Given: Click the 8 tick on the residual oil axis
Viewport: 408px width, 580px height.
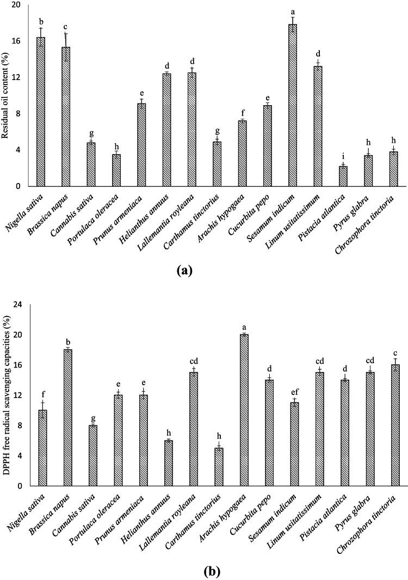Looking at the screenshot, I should tap(20, 113).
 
